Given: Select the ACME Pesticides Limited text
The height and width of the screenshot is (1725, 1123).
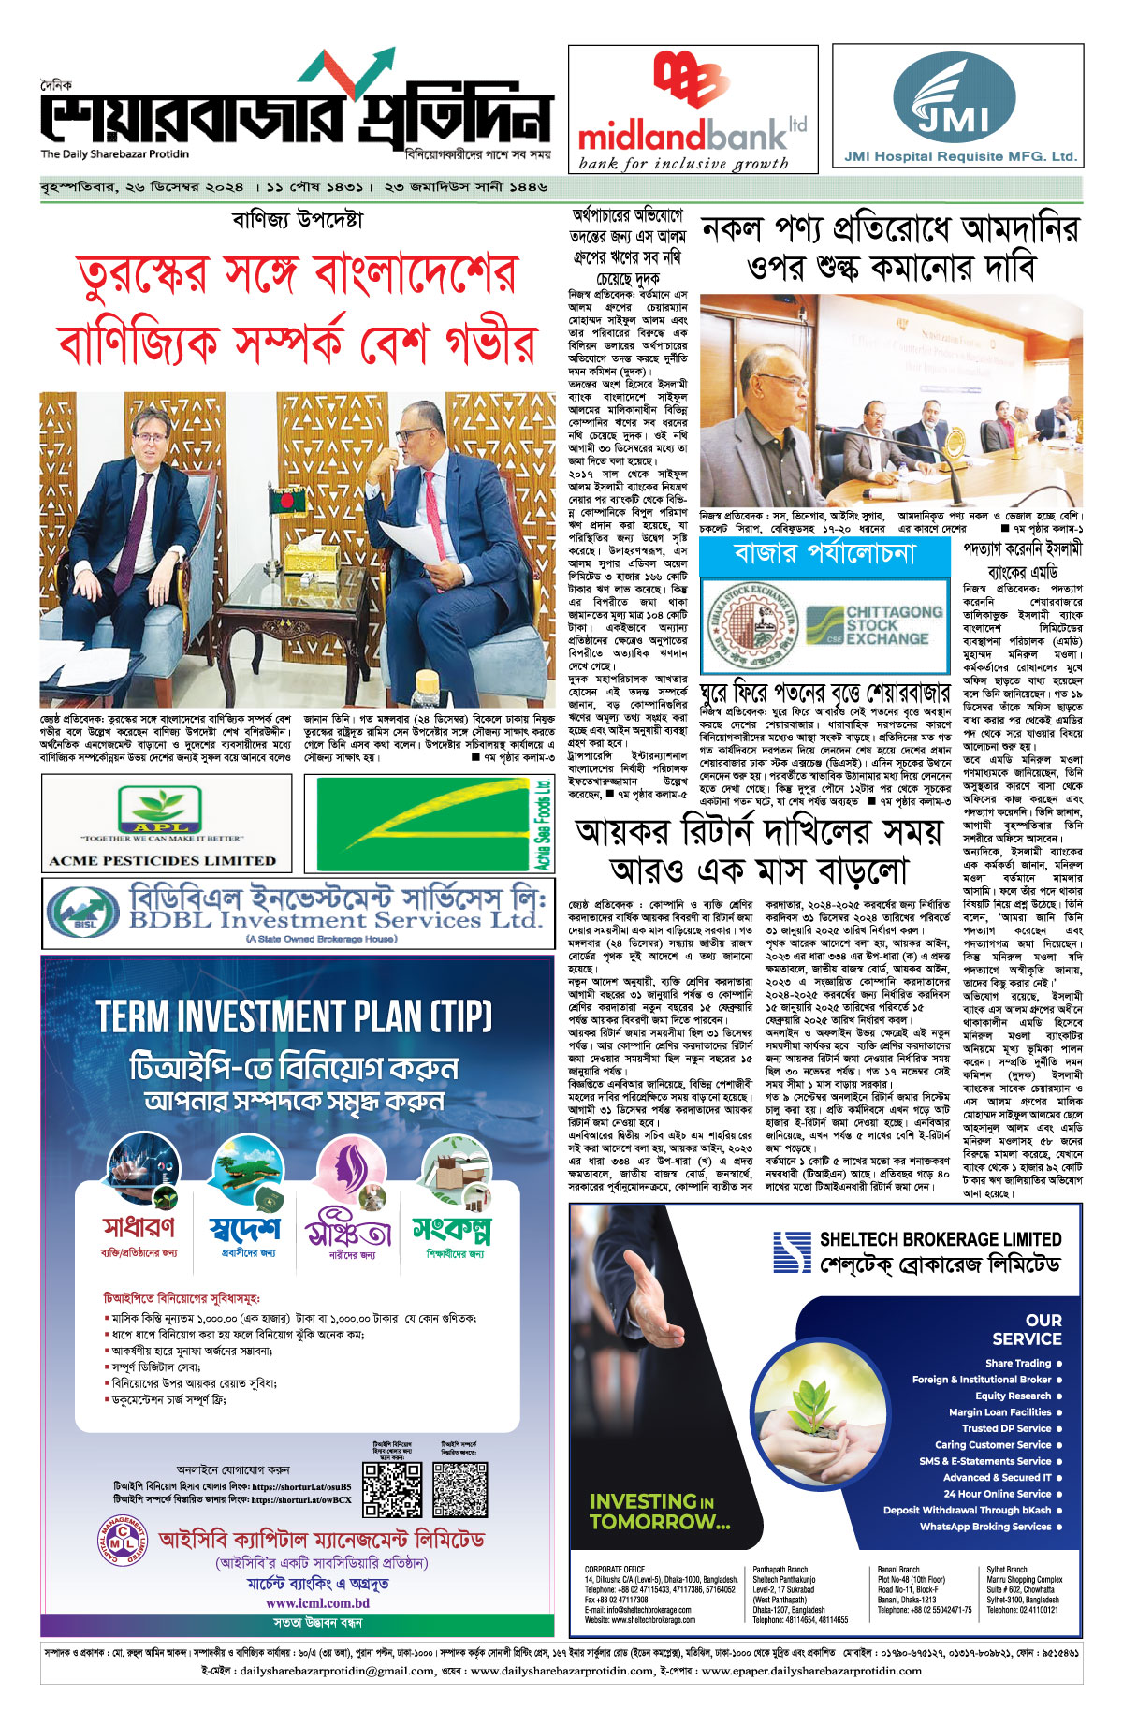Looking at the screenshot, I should point(163,861).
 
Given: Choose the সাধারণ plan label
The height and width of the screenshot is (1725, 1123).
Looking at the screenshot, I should point(139,1225).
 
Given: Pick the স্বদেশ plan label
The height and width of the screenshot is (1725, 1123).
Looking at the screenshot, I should point(245,1227).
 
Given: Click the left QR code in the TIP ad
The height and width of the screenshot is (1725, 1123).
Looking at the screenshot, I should point(392,1489).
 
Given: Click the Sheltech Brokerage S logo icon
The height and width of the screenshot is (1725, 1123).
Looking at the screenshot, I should point(792,1251).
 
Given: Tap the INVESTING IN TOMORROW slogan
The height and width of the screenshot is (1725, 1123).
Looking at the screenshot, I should point(659,1511).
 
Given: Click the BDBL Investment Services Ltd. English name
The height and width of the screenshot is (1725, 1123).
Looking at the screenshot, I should point(335,920).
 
